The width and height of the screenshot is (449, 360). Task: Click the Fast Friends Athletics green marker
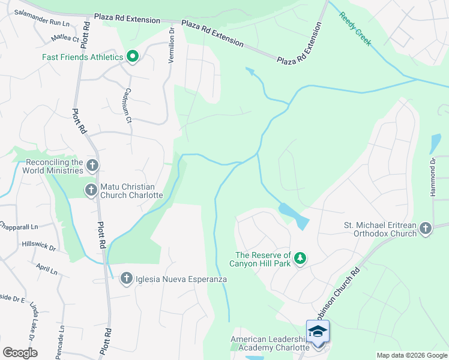[x=133, y=57]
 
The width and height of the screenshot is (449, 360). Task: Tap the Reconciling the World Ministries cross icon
[x=92, y=165]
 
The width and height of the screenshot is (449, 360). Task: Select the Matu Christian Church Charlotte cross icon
[x=91, y=190]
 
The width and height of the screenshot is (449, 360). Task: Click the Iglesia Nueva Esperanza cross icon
[x=126, y=278]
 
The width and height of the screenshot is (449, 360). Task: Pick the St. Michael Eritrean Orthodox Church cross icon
[x=426, y=228]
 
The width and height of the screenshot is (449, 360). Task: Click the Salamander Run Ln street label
[x=42, y=17]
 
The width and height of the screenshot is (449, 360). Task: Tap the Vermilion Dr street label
[x=171, y=45]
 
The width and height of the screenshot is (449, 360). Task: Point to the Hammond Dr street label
[x=432, y=178]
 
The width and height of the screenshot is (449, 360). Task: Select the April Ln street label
[x=46, y=269]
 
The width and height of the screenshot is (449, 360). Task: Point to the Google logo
[x=20, y=353]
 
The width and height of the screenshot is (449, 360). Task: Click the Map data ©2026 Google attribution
[x=412, y=355]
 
